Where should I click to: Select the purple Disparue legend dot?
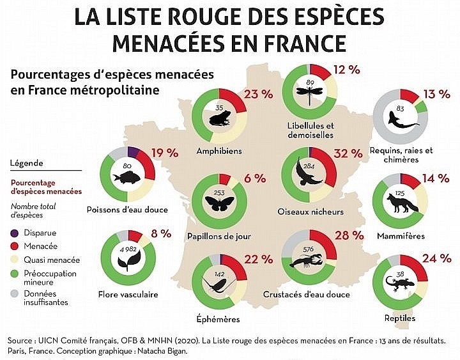[x=15, y=233]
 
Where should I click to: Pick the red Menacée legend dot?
[x=15, y=246]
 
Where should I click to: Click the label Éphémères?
[x=220, y=318]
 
